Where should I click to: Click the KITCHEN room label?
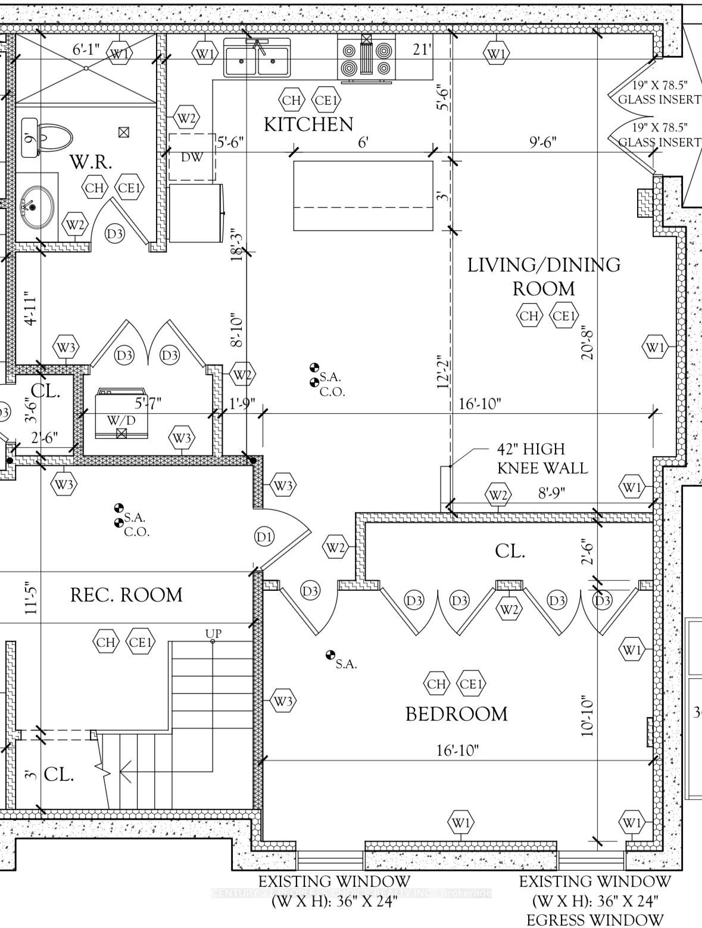tap(308, 124)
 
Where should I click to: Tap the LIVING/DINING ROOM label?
tap(543, 276)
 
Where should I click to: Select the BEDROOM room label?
tap(456, 714)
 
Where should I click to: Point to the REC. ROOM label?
tap(126, 595)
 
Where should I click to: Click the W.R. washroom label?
tap(91, 162)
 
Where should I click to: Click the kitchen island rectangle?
tap(363, 195)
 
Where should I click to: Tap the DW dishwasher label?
tap(192, 157)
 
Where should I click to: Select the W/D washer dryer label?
tap(121, 421)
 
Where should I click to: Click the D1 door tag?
tap(264, 537)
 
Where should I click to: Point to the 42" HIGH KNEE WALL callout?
tap(542, 458)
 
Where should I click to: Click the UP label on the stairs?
tap(213, 633)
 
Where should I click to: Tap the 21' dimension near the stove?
tap(421, 50)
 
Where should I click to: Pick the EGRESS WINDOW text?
tap(594, 919)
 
